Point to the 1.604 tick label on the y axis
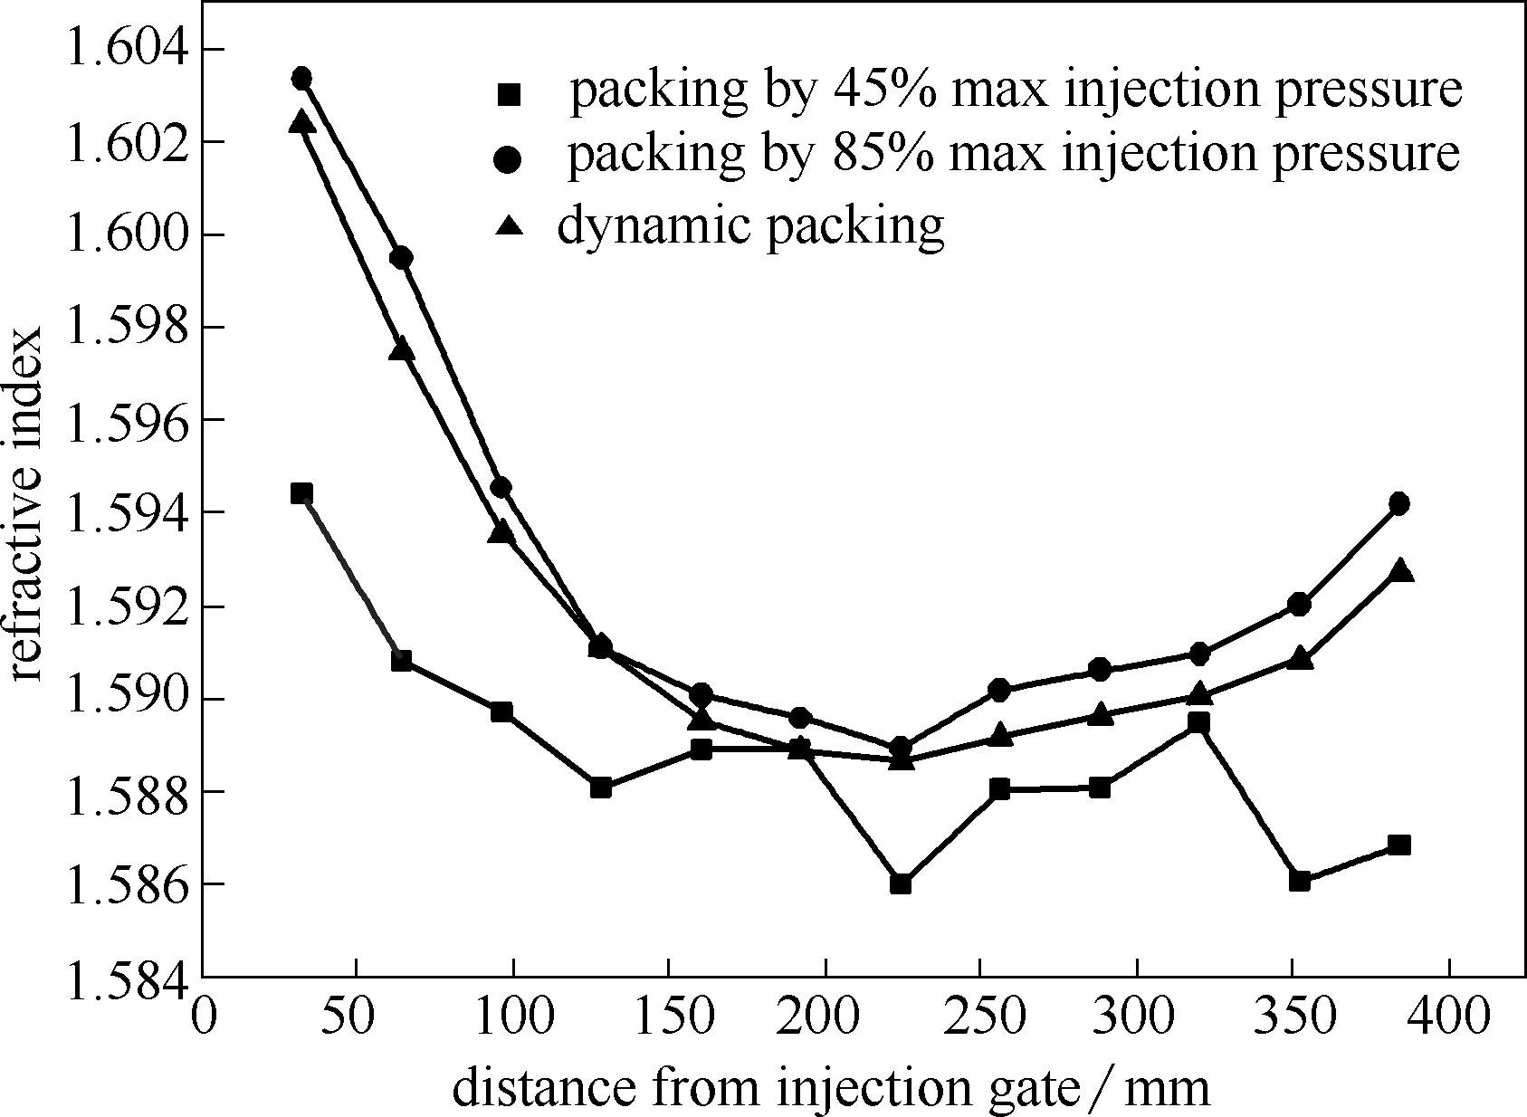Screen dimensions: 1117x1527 coord(121,49)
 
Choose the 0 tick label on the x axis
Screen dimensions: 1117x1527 coord(203,1017)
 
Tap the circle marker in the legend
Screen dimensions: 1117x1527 coord(510,159)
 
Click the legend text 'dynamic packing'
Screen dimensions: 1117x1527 coord(750,224)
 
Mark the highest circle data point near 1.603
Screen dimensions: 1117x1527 coord(301,78)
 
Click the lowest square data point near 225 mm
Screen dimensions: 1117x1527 coord(900,883)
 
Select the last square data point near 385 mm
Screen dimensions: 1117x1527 coord(1398,845)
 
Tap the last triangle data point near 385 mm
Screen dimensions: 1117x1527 coord(1400,571)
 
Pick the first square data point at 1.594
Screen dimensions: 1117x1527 coord(301,493)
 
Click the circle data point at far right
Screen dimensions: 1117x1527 coord(1398,504)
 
